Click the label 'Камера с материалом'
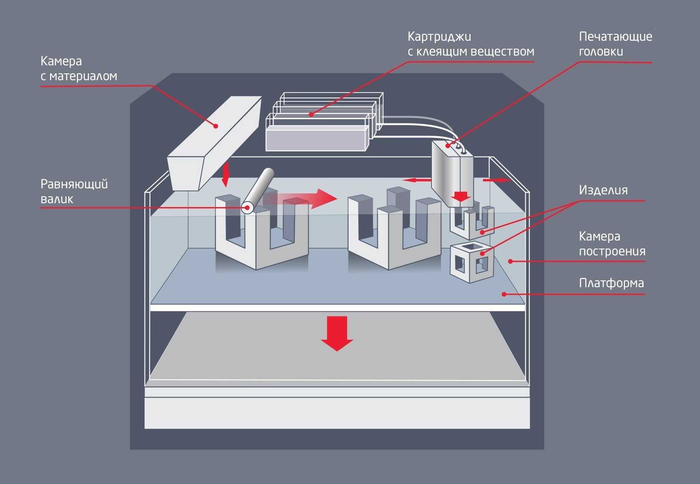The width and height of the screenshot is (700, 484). click(78, 68)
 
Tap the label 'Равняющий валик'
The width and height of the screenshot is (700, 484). click(74, 191)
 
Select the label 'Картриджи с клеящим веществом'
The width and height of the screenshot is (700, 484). click(470, 44)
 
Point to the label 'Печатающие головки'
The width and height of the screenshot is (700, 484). click(615, 44)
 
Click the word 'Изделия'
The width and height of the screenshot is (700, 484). click(603, 190)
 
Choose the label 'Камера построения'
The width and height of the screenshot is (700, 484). click(611, 243)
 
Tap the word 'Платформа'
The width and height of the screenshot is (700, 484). click(611, 283)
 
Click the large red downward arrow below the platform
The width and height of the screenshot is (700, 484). click(337, 333)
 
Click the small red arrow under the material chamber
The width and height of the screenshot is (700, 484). click(225, 174)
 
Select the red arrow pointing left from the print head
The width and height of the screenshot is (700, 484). click(416, 180)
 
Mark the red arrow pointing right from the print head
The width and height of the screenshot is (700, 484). click(496, 180)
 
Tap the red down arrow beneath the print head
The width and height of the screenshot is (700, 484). click(460, 196)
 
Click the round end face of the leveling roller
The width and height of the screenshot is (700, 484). click(247, 207)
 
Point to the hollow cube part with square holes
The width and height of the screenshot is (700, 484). click(471, 262)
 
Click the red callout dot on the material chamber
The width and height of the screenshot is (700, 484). click(216, 126)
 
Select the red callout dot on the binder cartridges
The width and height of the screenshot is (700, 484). click(311, 114)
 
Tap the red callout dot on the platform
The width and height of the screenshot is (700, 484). click(504, 294)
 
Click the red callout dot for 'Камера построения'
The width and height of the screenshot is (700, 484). click(510, 261)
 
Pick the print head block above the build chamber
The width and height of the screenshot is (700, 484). click(452, 170)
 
